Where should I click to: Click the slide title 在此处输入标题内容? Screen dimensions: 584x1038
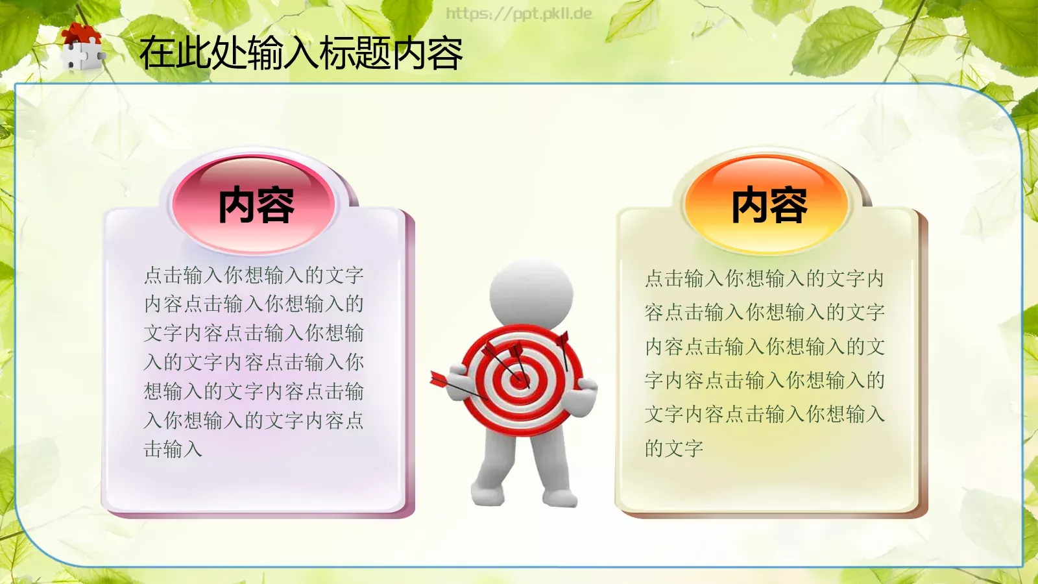[x=300, y=53]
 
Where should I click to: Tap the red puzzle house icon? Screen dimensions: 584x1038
[x=82, y=47]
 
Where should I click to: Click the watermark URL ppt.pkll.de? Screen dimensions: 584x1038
[x=519, y=14]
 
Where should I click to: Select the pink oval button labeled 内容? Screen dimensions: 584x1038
[x=255, y=204]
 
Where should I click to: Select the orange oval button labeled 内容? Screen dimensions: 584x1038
[x=769, y=204]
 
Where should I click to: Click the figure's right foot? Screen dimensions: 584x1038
[x=559, y=498]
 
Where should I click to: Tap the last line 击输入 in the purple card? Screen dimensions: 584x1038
[x=173, y=449]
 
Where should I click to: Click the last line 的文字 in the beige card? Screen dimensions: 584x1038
[x=673, y=448]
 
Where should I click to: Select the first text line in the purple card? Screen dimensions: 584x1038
[x=253, y=275]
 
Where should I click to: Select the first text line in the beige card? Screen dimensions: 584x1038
[x=764, y=279]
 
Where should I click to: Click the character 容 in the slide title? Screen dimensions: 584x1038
[x=445, y=53]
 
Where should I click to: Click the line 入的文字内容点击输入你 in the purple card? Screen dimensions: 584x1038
[x=253, y=362]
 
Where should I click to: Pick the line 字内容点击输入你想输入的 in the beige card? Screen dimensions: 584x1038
[x=764, y=380]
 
